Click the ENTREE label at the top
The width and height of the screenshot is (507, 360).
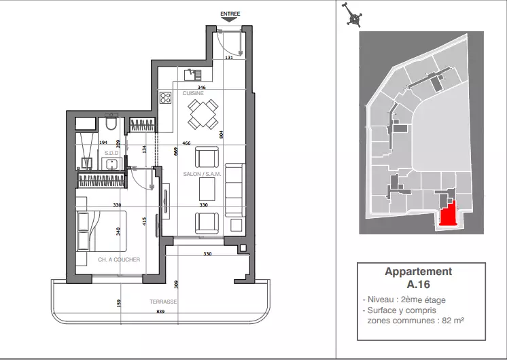[x=230, y=14]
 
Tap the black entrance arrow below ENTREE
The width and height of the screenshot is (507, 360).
[x=230, y=20]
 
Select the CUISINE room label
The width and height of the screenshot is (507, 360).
[x=193, y=93]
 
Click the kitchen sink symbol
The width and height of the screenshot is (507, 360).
[x=193, y=75]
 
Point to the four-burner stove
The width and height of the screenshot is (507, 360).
[x=165, y=98]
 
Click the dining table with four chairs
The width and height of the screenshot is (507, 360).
[x=203, y=114]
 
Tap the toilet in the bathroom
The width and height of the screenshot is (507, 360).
[x=111, y=122]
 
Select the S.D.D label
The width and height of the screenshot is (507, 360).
[x=111, y=153]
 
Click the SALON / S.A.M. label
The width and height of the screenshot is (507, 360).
[x=202, y=174]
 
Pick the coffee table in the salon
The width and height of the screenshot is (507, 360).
[x=207, y=190]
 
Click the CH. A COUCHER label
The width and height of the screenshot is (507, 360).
[x=119, y=259]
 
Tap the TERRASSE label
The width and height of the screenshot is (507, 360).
[x=163, y=302]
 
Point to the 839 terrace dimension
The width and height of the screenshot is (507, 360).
[x=160, y=312]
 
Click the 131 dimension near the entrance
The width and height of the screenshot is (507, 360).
[x=229, y=58]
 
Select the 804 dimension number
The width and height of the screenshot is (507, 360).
[x=222, y=134]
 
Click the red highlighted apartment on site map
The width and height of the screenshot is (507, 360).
[x=448, y=214]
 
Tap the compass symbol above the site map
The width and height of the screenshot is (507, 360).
[x=353, y=14]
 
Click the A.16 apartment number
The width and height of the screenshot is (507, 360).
[x=419, y=285]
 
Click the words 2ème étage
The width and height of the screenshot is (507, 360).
[x=423, y=300]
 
